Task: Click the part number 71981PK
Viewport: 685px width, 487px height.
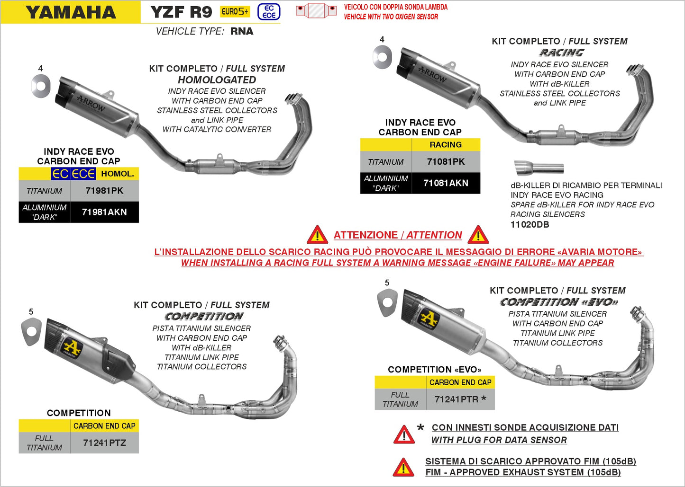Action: [x=104, y=191]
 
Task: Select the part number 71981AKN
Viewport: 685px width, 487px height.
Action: [x=104, y=212]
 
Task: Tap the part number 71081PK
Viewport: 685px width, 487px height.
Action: [x=446, y=162]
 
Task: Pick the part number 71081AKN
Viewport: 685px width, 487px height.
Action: [x=446, y=183]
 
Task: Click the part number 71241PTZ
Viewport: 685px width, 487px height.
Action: [x=104, y=443]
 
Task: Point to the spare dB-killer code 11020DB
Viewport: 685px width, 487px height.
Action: [x=530, y=225]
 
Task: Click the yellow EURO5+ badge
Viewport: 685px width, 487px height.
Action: [x=235, y=12]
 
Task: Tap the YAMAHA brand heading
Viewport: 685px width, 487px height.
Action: [x=71, y=12]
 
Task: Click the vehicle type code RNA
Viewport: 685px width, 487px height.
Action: [x=242, y=31]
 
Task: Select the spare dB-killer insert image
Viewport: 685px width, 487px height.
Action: [x=539, y=168]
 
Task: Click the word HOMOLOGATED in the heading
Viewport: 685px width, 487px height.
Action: [x=217, y=80]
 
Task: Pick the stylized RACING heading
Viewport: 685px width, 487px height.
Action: [x=561, y=53]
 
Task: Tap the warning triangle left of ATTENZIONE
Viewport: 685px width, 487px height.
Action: [x=317, y=235]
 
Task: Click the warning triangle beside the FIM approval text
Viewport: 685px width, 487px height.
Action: [x=403, y=467]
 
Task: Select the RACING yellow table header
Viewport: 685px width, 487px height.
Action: [x=446, y=145]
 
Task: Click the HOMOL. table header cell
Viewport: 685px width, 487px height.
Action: [x=117, y=174]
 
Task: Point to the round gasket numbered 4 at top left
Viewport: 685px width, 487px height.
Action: [x=41, y=85]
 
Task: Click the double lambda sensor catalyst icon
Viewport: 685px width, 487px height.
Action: [x=316, y=10]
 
